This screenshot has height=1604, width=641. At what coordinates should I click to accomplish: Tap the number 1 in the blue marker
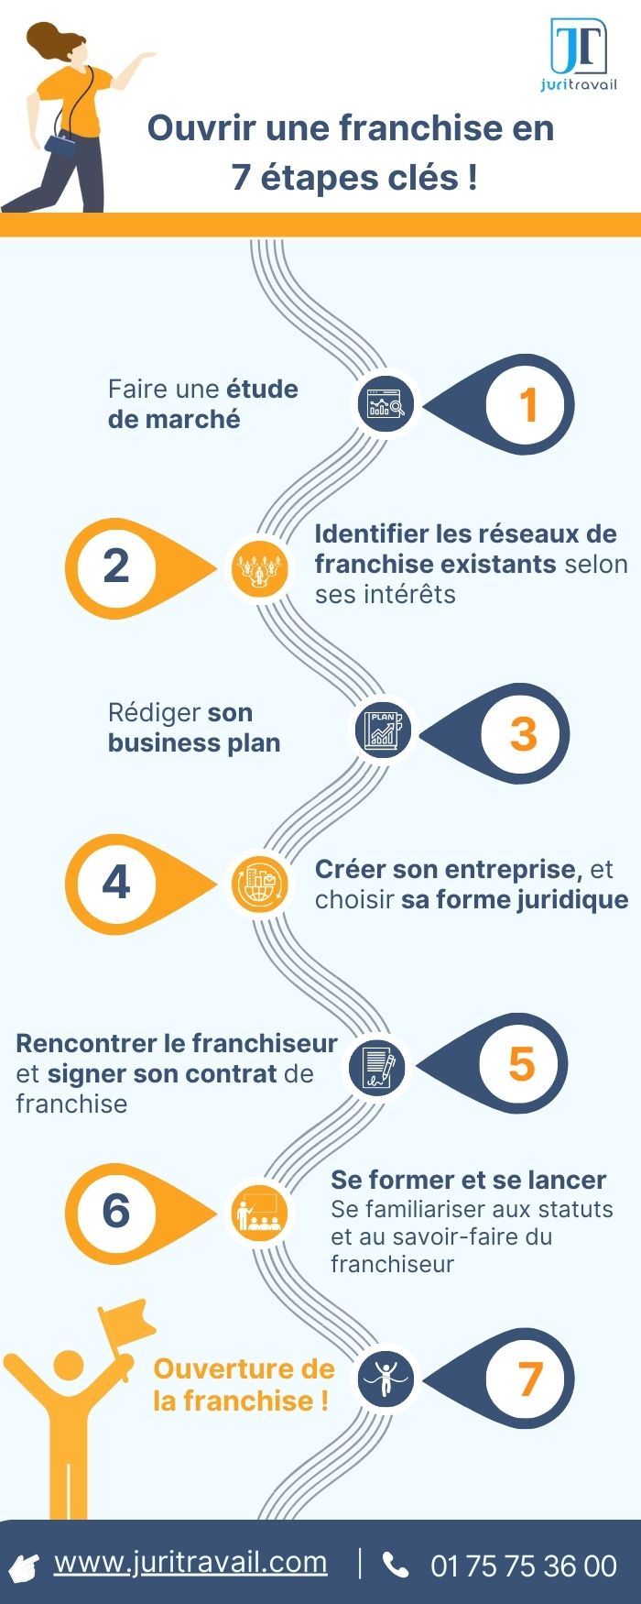coord(527,405)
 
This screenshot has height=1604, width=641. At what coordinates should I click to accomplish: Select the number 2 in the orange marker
coord(116,567)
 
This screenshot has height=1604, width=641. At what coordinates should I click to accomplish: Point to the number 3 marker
coord(523,733)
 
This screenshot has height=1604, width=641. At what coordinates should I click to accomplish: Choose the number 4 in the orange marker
coord(116,884)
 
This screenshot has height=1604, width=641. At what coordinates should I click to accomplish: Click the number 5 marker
coord(521,1064)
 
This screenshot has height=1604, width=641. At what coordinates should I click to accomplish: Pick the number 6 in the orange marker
coord(116,1212)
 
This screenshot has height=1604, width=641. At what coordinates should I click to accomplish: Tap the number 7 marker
coord(529,1379)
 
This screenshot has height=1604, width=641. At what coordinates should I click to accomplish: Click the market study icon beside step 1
coord(386,405)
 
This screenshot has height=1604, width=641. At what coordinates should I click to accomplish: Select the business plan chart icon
coord(382,731)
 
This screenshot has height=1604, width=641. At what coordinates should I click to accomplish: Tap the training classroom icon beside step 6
coord(257,1213)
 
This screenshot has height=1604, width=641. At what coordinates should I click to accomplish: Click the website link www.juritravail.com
coord(190,1562)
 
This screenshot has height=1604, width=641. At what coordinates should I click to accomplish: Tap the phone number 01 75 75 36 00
coord(524,1566)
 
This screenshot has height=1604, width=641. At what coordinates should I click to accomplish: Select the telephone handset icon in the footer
coord(396,1565)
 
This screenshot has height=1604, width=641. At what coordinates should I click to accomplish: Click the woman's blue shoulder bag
coord(61,145)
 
